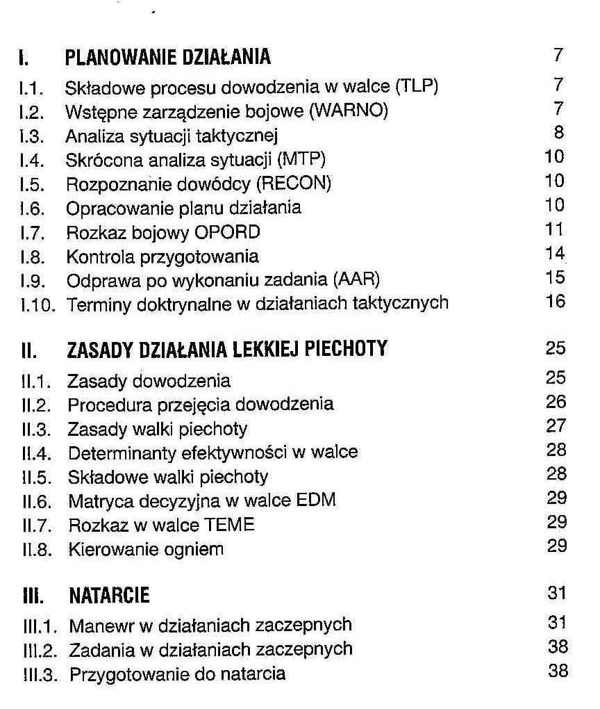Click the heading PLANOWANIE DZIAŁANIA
[x=167, y=56]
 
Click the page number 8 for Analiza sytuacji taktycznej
[x=559, y=133]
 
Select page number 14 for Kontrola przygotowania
[x=556, y=254]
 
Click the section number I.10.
[x=35, y=304]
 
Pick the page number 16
[x=556, y=302]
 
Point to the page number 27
[x=556, y=426]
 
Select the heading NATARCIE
[x=109, y=596]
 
